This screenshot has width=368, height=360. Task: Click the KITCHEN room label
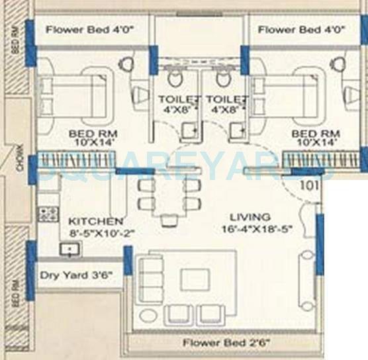pos(95,220)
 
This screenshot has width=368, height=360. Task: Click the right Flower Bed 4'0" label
pos(297,30)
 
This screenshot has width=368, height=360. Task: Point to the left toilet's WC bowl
pos(175,79)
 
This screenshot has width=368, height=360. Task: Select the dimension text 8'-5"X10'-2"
pos(95,234)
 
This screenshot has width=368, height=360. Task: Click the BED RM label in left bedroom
pos(88,133)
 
